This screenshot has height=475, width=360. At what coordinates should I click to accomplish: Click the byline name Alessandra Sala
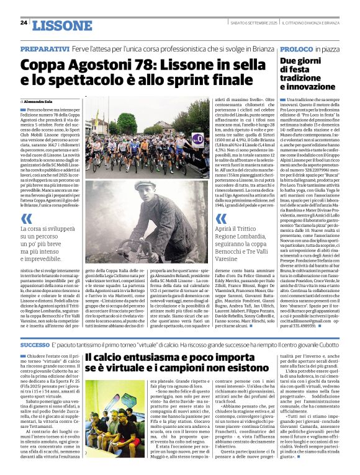click(x=38, y=100)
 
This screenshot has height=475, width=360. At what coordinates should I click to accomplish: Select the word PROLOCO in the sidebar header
click(x=295, y=48)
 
